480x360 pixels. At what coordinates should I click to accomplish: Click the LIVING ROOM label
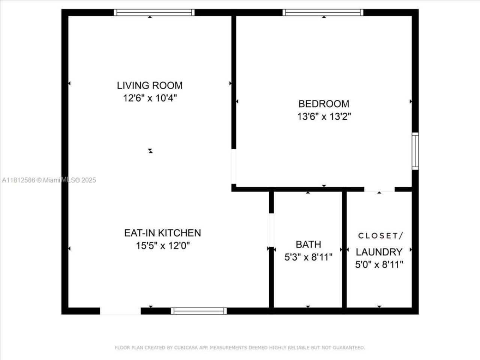pyautogui.click(x=150, y=85)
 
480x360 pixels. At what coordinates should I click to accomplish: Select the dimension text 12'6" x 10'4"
pyautogui.click(x=150, y=98)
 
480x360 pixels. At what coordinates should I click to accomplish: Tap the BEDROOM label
pyautogui.click(x=324, y=104)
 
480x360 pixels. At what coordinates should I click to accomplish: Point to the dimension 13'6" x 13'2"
pyautogui.click(x=324, y=117)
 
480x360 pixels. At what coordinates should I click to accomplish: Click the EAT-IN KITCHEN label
pyautogui.click(x=162, y=233)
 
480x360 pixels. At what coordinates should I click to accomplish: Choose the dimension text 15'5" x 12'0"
pyautogui.click(x=162, y=246)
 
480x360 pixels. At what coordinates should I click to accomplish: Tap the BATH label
pyautogui.click(x=308, y=244)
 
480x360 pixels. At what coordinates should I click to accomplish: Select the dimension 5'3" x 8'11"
pyautogui.click(x=308, y=257)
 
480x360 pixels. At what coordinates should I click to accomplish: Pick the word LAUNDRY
pyautogui.click(x=379, y=252)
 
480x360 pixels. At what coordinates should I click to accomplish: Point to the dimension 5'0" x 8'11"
pyautogui.click(x=379, y=265)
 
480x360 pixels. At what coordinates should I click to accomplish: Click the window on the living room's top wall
pyautogui.click(x=154, y=12)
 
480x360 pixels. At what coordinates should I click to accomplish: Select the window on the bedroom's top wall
pyautogui.click(x=323, y=12)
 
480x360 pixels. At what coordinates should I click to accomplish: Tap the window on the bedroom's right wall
pyautogui.click(x=415, y=151)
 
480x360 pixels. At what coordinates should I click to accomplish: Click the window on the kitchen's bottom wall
pyautogui.click(x=199, y=311)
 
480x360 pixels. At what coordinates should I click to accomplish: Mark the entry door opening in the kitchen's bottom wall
pyautogui.click(x=120, y=311)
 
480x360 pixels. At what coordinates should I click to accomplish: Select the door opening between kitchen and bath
pyautogui.click(x=271, y=230)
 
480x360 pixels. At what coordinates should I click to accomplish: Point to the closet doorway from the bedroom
pyautogui.click(x=379, y=189)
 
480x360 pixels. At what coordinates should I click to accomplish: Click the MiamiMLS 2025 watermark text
pyautogui.click(x=49, y=180)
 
